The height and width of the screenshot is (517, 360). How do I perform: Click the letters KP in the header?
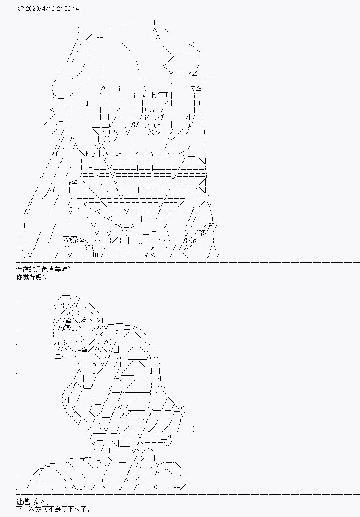coord(20,9)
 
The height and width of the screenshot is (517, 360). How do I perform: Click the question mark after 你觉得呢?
coord(45,277)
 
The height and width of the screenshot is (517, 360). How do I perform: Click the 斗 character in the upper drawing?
coord(145,95)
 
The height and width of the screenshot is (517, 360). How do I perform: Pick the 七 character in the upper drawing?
coord(153,95)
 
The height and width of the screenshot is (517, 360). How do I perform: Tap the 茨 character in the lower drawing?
coord(83,320)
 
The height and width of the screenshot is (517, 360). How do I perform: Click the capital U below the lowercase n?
coord(94,371)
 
